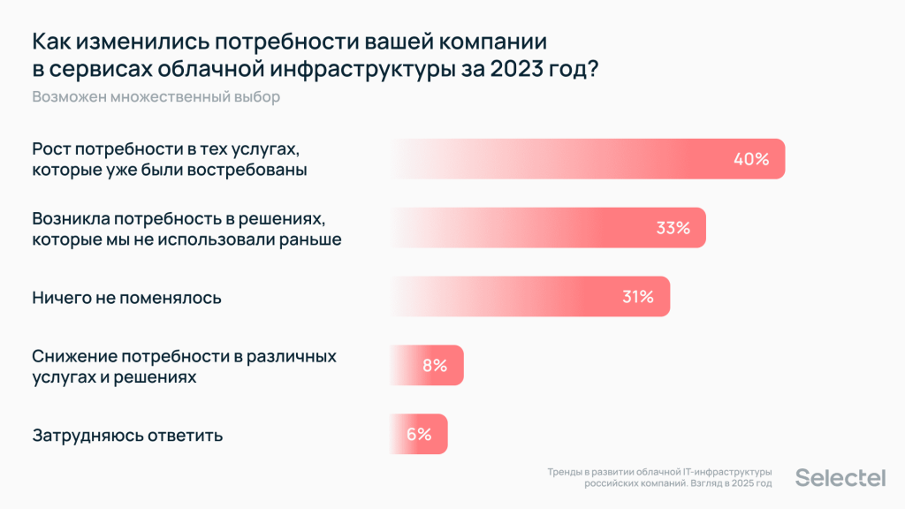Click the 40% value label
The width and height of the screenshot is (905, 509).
pos(751,160)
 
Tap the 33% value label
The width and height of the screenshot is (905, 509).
pos(673,228)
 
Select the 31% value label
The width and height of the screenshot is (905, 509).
pos(637,297)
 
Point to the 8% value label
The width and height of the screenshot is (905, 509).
pos(435,366)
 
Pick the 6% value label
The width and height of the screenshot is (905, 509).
pos(419,435)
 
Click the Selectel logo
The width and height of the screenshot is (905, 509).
pos(840,478)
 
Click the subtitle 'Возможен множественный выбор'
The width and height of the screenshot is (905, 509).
pos(156,97)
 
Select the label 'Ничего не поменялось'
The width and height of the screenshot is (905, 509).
pos(126,298)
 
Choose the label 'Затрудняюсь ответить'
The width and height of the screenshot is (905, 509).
pos(127,435)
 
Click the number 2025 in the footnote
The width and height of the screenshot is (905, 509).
pos(739,484)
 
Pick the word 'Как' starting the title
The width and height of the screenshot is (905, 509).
pos(52,41)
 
